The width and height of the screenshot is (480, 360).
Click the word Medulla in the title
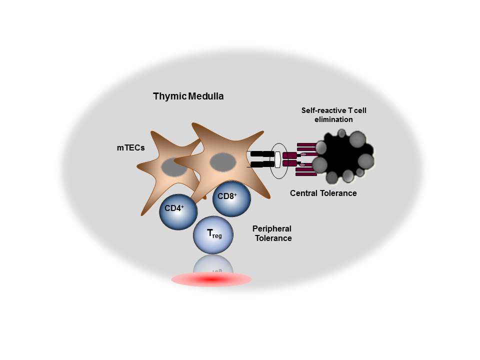coord(206,96)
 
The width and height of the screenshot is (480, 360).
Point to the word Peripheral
coord(272,229)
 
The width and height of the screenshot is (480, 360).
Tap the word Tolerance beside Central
coord(340,193)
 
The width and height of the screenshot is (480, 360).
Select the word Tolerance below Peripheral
coord(273,238)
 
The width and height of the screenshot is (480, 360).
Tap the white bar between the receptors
coord(278,159)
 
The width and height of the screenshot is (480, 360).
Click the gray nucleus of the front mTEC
coord(222,162)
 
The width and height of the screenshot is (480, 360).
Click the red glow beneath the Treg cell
coord(211,280)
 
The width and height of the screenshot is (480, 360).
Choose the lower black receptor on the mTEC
coord(260,164)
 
